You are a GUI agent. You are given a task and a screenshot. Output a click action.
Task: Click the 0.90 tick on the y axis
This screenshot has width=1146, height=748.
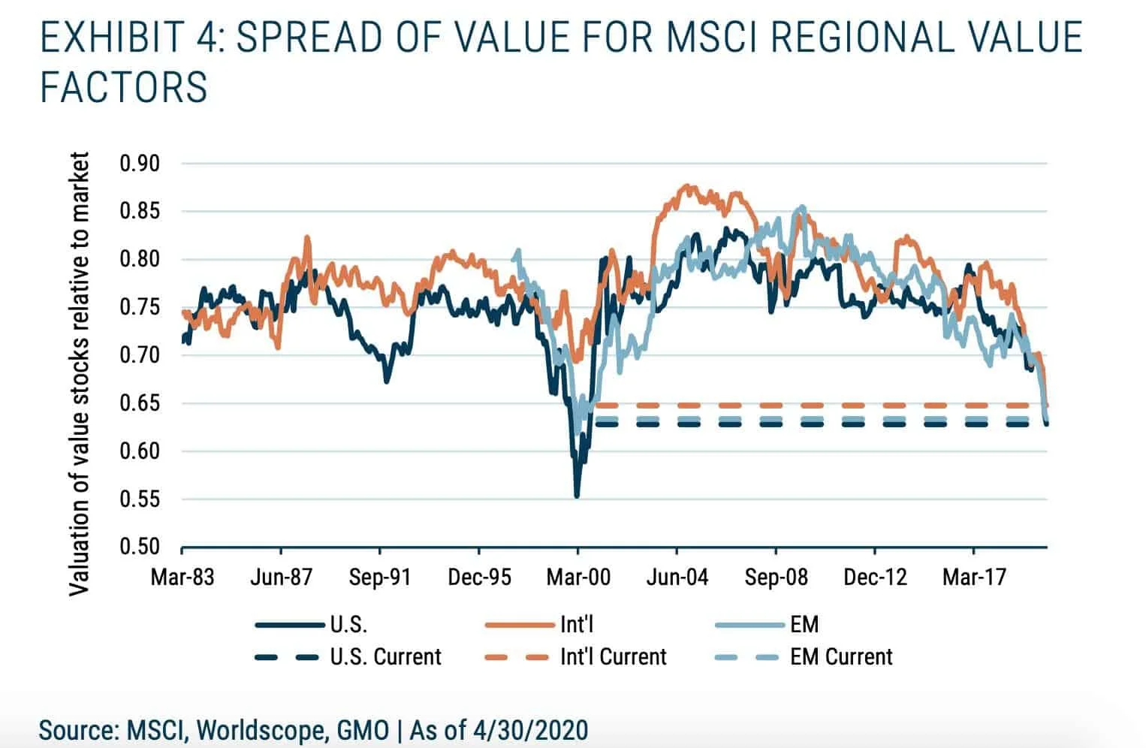(140, 163)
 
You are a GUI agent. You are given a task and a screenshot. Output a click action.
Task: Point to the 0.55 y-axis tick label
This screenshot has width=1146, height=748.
(140, 499)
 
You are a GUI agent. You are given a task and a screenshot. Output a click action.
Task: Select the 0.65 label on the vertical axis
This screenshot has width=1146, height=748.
(140, 403)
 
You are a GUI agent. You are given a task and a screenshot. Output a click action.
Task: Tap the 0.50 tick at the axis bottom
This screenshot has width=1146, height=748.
(140, 547)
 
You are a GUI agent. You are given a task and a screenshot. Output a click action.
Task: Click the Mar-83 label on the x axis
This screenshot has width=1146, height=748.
(182, 577)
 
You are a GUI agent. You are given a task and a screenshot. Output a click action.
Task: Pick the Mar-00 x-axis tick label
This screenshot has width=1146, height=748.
(578, 577)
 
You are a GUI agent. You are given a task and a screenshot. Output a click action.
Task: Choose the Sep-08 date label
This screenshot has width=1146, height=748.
(777, 577)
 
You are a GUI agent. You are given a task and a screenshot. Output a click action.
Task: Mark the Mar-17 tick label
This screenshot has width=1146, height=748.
(974, 577)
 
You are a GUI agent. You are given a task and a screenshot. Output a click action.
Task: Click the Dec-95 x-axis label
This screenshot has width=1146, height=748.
(479, 577)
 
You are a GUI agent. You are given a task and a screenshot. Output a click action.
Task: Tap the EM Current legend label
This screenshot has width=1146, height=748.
(841, 657)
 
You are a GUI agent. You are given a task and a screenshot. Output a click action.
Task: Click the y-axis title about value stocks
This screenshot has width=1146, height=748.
(80, 373)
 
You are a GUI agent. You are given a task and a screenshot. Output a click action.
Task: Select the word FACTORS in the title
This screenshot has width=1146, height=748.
(124, 87)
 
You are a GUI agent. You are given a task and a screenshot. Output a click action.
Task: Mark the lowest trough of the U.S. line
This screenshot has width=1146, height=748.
(577, 496)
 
